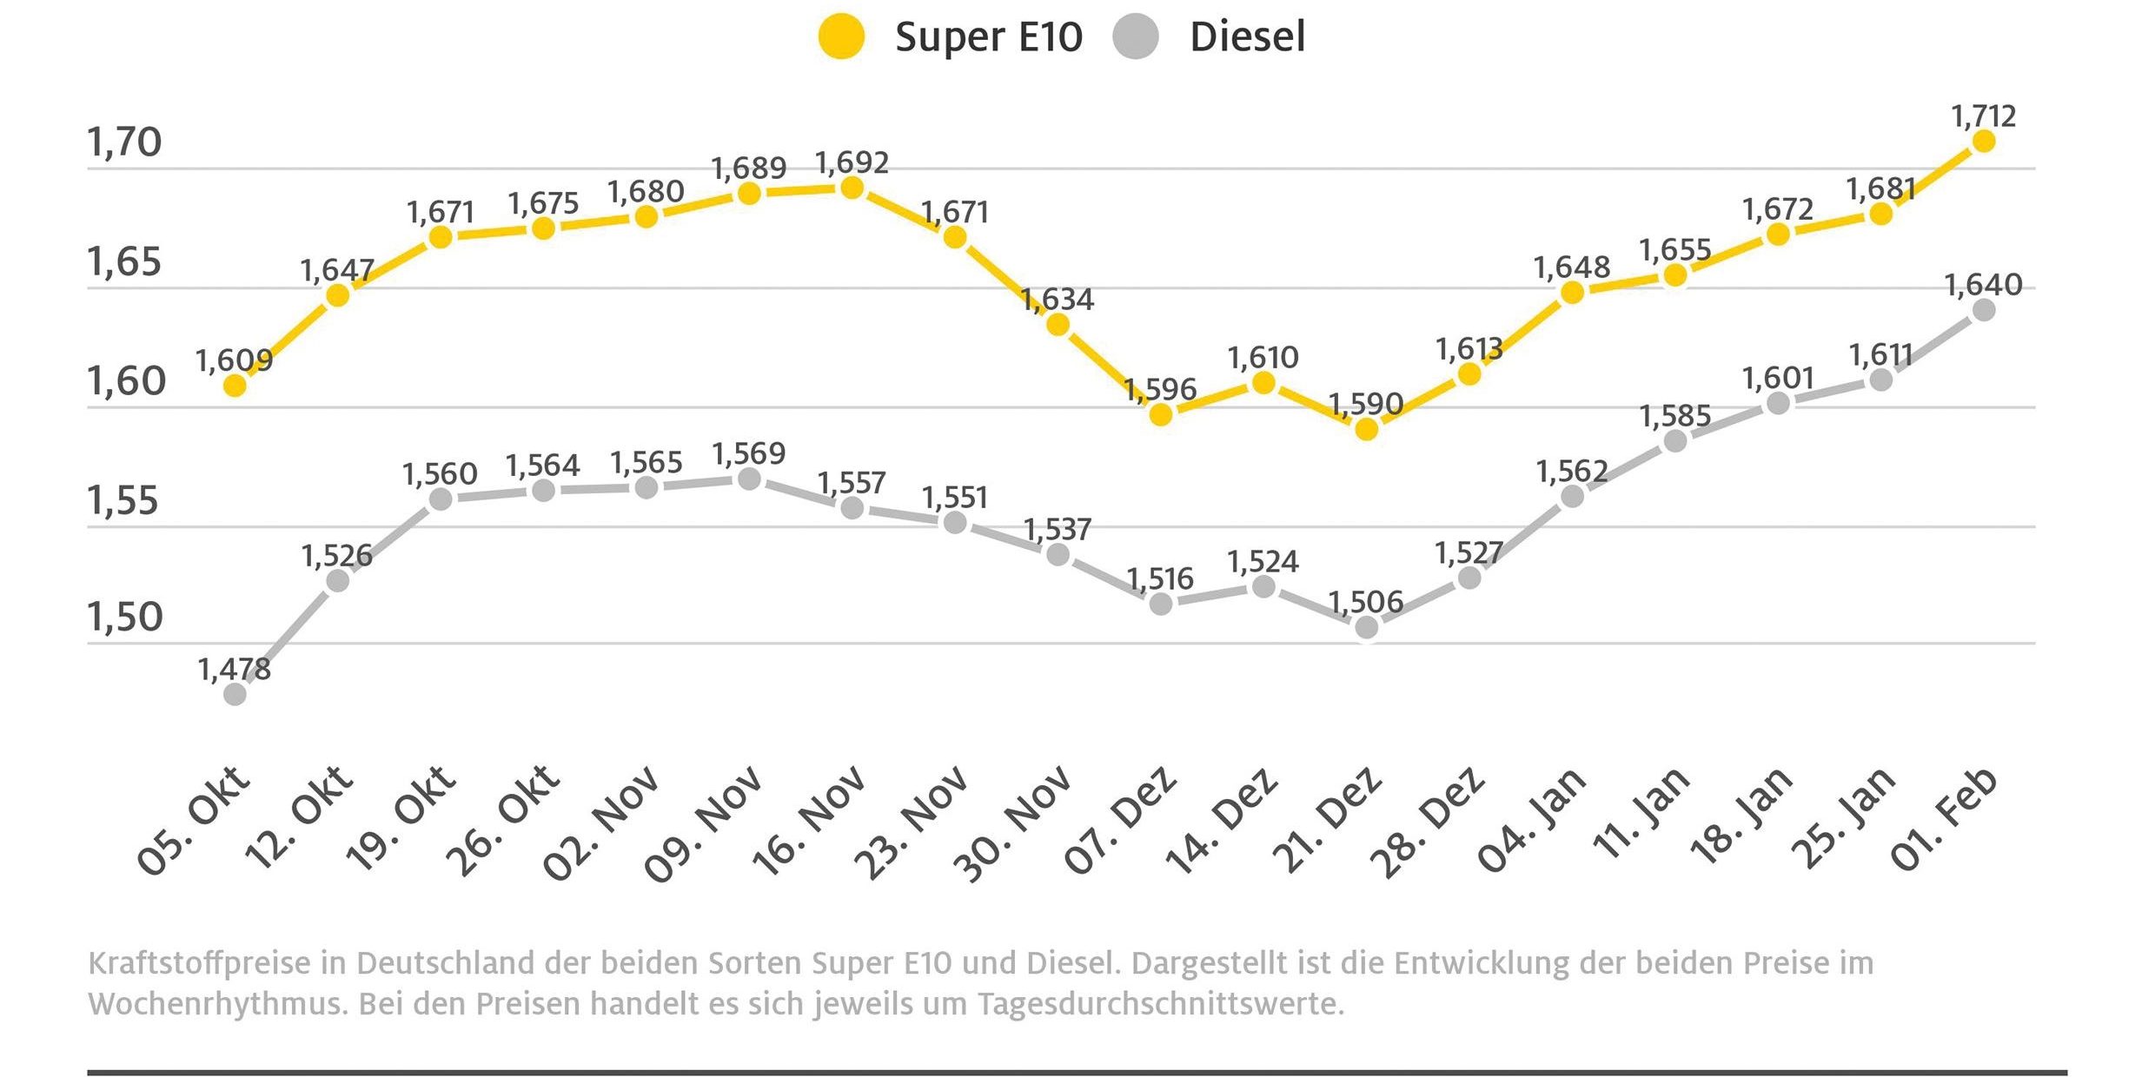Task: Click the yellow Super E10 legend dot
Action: pyautogui.click(x=841, y=37)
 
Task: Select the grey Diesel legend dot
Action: pyautogui.click(x=1135, y=37)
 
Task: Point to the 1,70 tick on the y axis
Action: pyautogui.click(x=125, y=142)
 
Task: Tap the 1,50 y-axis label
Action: pyautogui.click(x=125, y=618)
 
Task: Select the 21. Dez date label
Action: pyautogui.click(x=1328, y=820)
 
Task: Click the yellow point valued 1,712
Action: pyautogui.click(x=1983, y=141)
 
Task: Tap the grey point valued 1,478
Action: pyautogui.click(x=235, y=694)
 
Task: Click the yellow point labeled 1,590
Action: pyautogui.click(x=1366, y=429)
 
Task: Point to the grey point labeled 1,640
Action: pyautogui.click(x=1983, y=310)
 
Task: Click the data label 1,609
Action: pyautogui.click(x=235, y=360)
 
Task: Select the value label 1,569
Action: pyautogui.click(x=749, y=453)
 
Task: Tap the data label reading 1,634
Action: pyautogui.click(x=1058, y=300)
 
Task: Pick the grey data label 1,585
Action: pyautogui.click(x=1674, y=417)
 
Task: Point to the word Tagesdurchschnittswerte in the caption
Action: pyautogui.click(x=1161, y=1004)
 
